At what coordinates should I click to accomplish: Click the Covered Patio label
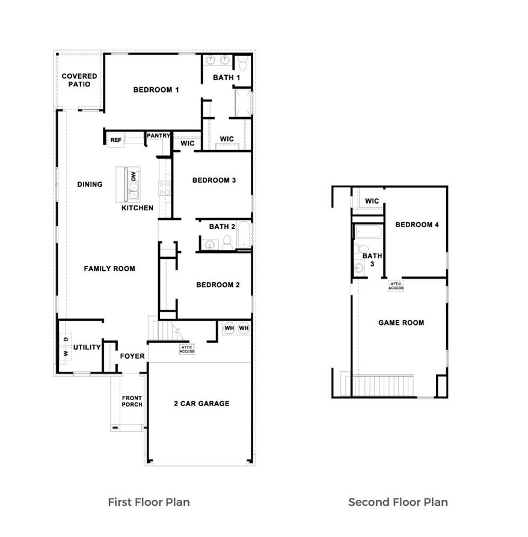pos(79,80)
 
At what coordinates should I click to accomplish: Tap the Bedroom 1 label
pos(156,90)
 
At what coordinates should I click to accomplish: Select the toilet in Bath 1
pos(242,64)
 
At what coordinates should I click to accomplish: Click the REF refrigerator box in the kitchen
pos(116,140)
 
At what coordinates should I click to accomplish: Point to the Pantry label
pos(158,136)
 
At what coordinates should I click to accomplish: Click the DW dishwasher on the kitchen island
pos(134,177)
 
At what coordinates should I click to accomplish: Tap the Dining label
pos(90,184)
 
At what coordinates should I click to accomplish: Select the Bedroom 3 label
pos(213,180)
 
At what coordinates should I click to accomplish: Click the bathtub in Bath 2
pos(243,235)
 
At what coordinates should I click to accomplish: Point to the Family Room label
pos(109,268)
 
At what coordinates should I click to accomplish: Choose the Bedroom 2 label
pos(218,285)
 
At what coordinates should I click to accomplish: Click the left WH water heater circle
pos(229,328)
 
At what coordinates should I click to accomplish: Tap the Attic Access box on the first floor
pos(187,349)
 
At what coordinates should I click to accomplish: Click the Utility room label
pos(87,347)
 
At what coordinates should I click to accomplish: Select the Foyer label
pos(132,356)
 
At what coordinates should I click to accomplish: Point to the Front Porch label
pos(132,401)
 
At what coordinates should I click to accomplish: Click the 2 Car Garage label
pos(201,404)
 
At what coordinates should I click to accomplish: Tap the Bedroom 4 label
pos(417,225)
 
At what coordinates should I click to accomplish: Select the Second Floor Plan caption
pos(398,502)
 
